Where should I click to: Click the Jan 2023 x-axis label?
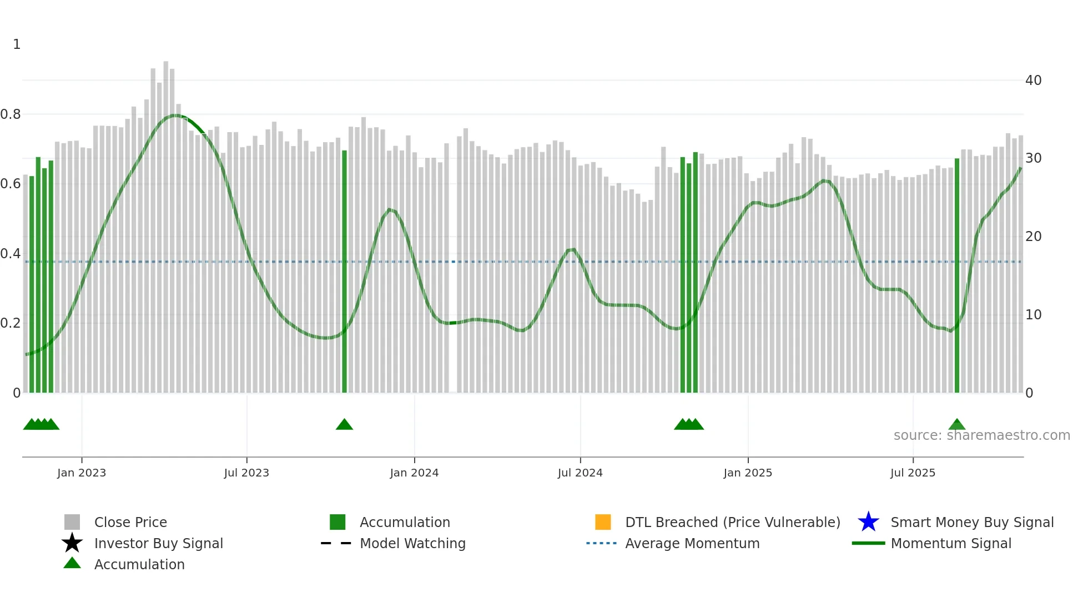pos(82,473)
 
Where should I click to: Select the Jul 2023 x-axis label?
pos(246,473)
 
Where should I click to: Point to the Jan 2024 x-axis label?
pos(414,473)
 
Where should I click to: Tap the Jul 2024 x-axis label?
pos(580,473)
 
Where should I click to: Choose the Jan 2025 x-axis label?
pos(748,473)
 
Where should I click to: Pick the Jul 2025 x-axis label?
pos(913,473)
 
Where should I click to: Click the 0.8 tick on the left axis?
pos(11,114)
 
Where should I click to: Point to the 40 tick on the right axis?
pos(1033,81)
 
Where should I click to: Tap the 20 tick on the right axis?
pos(1033,237)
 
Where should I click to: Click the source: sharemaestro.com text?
pos(981,435)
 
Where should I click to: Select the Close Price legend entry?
pos(130,523)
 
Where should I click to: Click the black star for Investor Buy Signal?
pos(72,543)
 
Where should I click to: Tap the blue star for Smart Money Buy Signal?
pos(868,522)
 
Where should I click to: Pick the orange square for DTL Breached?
pos(603,522)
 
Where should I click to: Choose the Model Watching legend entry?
pos(412,544)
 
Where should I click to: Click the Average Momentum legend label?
pos(692,544)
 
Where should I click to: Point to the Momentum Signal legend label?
pos(951,544)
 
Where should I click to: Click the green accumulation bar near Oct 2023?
pos(344,272)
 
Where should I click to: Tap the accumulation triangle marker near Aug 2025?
pos(957,425)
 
